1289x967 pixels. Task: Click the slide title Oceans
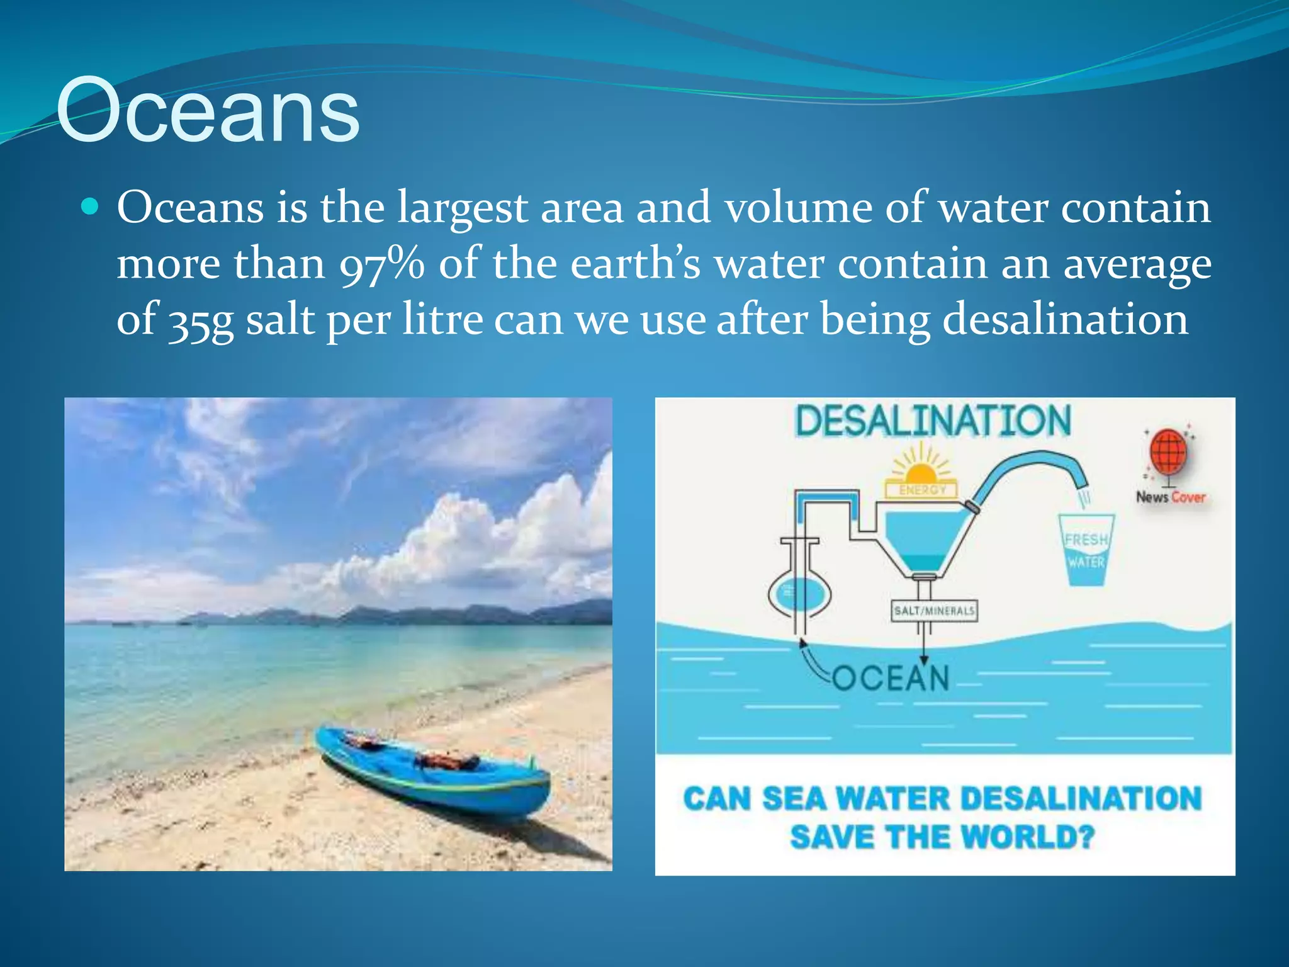coord(208,111)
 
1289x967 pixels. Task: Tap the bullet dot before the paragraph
coord(91,206)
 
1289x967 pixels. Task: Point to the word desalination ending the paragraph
coord(1065,319)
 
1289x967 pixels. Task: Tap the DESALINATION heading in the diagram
coord(933,421)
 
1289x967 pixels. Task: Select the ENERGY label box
coord(921,490)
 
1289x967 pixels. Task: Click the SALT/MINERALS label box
coord(935,611)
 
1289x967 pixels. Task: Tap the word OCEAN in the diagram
coord(891,679)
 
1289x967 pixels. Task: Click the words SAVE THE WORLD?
coord(942,837)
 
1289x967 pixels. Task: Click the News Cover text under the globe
coord(1170,497)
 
